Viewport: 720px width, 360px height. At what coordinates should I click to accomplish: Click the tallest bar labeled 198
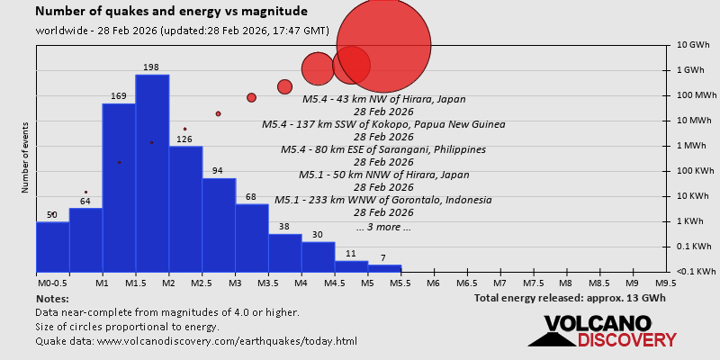[x=152, y=171]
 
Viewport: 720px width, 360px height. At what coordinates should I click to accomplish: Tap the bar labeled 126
[x=185, y=208]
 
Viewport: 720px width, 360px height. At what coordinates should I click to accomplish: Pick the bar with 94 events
[x=219, y=224]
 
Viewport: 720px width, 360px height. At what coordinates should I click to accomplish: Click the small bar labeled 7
[x=384, y=267]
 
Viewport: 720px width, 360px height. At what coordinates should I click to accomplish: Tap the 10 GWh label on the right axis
[x=694, y=45]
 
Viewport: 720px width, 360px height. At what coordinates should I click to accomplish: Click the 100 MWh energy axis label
[x=695, y=95]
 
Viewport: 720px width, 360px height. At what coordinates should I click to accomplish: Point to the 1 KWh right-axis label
[x=692, y=221]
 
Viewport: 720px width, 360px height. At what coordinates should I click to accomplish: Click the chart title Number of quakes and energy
[x=171, y=12]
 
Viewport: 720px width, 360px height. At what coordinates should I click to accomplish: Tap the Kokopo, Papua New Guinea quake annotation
[x=383, y=124]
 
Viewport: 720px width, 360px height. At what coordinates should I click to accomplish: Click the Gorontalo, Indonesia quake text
[x=383, y=200]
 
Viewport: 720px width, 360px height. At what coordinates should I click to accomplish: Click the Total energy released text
[x=570, y=298]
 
